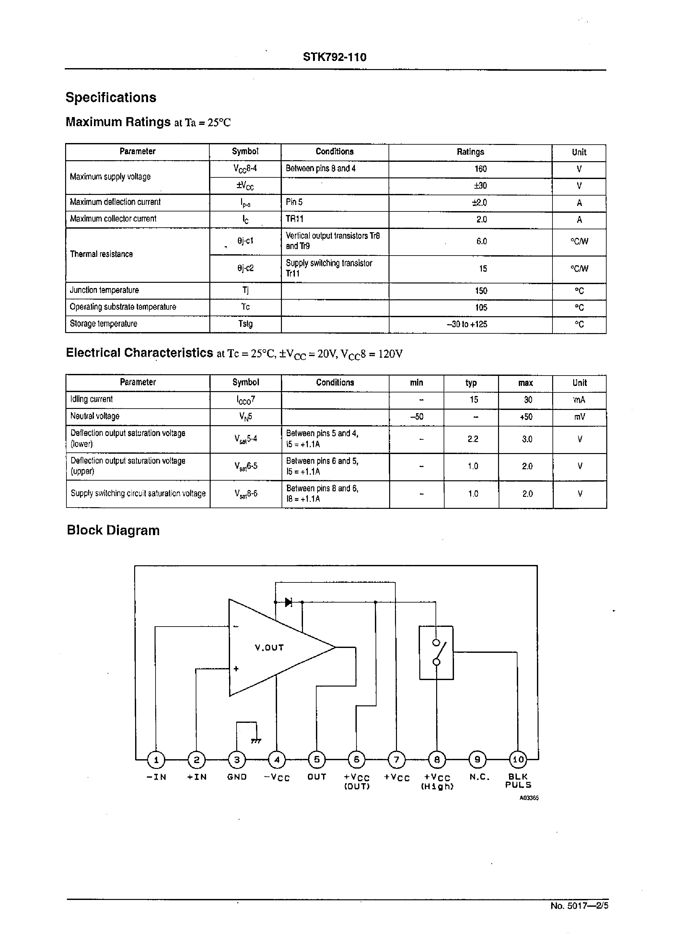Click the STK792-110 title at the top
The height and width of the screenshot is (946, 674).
click(x=334, y=57)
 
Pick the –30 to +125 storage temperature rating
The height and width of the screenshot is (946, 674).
click(x=467, y=324)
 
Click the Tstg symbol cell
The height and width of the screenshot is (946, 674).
click(x=245, y=324)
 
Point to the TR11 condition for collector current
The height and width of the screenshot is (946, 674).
click(x=294, y=219)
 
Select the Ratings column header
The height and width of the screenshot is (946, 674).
click(x=470, y=152)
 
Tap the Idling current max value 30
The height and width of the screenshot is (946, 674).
click(x=528, y=400)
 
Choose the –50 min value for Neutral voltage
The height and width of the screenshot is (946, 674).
click(x=416, y=416)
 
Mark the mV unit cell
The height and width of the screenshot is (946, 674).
click(x=579, y=416)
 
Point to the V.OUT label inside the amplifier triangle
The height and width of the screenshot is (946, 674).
click(x=269, y=647)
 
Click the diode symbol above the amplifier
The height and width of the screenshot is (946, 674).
click(x=289, y=602)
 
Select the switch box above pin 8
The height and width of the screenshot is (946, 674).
click(x=436, y=653)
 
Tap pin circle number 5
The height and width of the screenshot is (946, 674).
click(x=317, y=760)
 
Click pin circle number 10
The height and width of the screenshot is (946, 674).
click(x=518, y=760)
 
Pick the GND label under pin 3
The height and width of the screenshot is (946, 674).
click(x=237, y=777)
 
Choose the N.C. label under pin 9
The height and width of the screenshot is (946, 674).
click(x=479, y=777)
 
